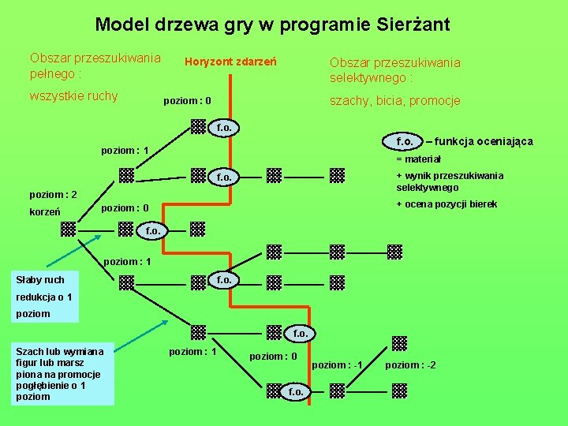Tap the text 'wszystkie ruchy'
point(73,96)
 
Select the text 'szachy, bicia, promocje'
point(394,101)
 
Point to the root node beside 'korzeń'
point(69,229)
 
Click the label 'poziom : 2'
point(53,194)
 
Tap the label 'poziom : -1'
point(337,364)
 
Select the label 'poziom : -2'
point(410,364)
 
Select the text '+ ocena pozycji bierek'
point(447,204)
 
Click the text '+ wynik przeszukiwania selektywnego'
point(449,181)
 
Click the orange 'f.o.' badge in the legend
point(407,141)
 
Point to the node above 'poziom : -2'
point(399,343)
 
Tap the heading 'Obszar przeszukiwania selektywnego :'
point(394,69)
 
